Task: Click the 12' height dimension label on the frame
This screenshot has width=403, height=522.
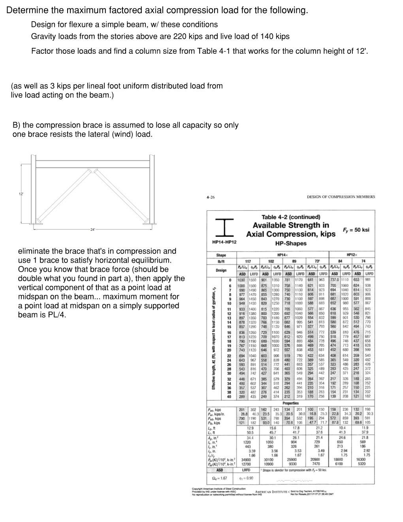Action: (21, 194)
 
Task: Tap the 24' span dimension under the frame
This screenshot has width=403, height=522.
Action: (93, 230)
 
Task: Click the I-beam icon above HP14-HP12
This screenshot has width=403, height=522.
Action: (224, 227)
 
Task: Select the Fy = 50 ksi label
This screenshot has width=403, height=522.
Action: (356, 230)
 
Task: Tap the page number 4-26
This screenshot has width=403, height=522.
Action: (211, 197)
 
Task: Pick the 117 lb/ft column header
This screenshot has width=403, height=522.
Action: (248, 261)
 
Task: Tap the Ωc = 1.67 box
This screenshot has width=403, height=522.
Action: (220, 478)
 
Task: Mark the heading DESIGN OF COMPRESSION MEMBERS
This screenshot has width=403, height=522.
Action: (341, 197)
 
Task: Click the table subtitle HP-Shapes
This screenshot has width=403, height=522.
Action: (290, 243)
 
